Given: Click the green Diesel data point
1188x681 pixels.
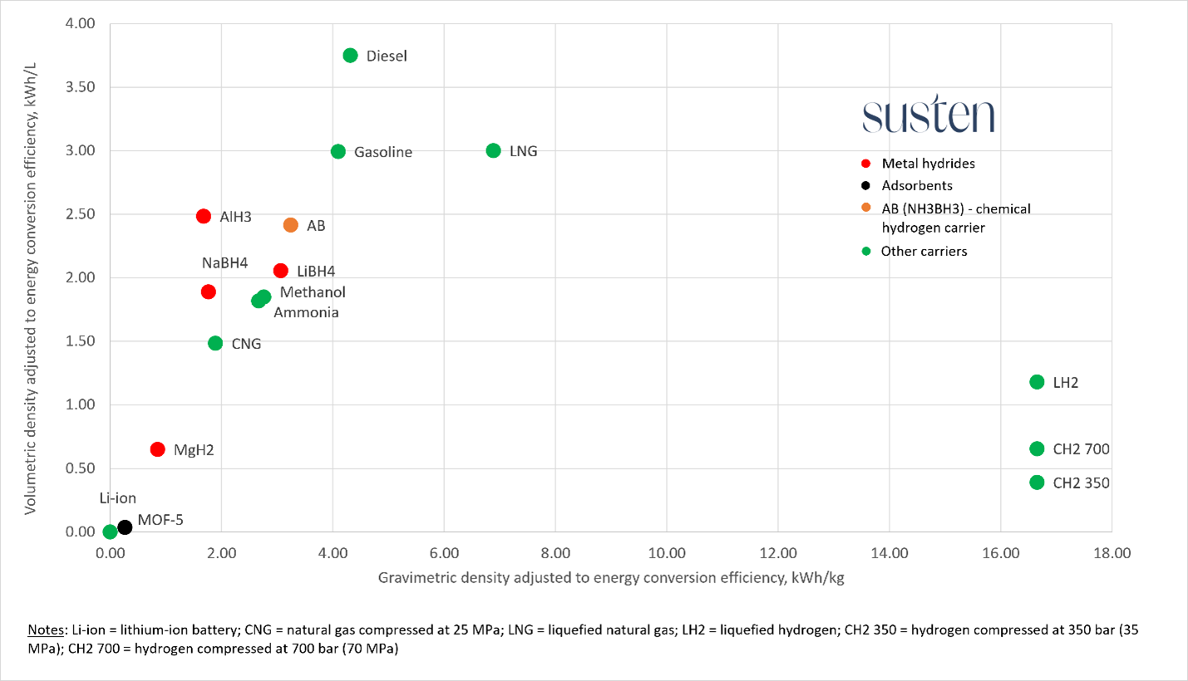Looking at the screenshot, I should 350,56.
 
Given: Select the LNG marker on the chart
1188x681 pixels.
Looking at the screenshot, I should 493,151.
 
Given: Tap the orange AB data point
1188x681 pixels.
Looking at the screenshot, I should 290,225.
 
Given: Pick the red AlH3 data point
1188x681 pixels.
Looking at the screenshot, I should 204,216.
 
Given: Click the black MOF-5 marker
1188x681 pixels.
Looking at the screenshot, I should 125,527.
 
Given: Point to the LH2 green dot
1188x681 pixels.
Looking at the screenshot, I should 1037,382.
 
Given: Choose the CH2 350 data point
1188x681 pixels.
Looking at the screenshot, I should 1037,483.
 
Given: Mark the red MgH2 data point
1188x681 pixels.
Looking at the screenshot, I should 157,449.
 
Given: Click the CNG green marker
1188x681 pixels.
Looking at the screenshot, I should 215,343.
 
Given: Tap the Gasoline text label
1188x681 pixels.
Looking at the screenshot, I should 382,152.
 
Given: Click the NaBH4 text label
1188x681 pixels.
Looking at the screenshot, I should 224,263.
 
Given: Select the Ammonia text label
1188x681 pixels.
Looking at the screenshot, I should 306,313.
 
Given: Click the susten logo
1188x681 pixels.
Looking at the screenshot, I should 928,117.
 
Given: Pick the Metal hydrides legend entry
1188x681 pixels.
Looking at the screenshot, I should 928,164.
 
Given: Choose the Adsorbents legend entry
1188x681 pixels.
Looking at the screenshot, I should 917,186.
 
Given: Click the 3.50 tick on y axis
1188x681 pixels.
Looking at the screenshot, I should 80,87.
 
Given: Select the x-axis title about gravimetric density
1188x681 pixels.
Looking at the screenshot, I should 611,578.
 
